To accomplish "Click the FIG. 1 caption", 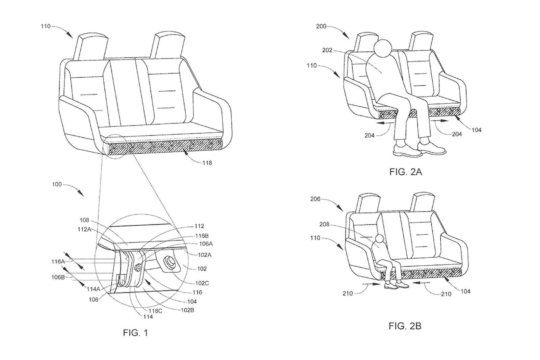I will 135,333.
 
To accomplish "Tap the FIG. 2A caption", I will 405,172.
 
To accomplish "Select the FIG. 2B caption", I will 405,326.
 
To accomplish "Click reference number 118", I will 207,163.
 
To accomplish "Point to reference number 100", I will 56,184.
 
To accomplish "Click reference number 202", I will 327,50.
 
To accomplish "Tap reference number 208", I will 324,225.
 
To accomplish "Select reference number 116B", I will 201,236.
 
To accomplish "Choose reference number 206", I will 315,199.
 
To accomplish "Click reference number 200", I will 321,26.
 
